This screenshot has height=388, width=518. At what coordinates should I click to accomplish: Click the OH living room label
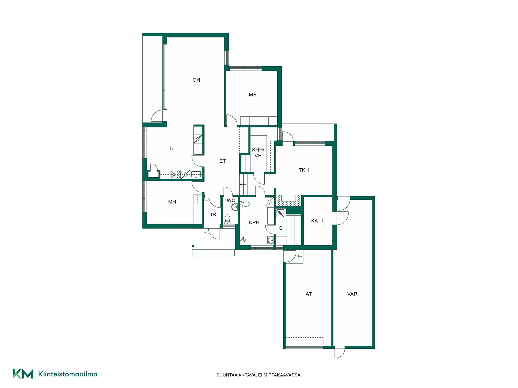tap(196, 80)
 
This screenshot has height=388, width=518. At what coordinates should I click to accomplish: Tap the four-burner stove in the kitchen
tap(176, 174)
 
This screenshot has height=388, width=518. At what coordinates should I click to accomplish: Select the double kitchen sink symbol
tap(196, 174)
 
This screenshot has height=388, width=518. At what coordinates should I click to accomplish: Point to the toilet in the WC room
tap(227, 219)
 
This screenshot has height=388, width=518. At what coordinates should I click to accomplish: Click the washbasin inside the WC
tap(234, 207)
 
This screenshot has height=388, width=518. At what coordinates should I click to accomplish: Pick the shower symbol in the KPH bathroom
tap(243, 239)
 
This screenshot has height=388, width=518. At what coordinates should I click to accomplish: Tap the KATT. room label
tap(318, 221)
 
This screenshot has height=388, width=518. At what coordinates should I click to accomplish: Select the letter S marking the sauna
tap(281, 228)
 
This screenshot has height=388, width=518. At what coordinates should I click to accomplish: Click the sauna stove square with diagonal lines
tap(280, 213)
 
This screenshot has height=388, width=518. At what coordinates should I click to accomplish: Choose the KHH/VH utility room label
tap(258, 153)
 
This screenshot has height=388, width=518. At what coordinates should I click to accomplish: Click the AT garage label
tap(309, 294)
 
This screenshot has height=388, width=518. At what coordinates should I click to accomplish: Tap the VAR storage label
tap(352, 294)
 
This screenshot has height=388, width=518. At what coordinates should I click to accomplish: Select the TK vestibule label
tap(213, 215)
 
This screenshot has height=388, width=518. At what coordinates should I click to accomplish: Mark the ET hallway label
tap(222, 161)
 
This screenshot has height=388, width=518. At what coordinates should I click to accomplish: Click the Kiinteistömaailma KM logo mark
tap(23, 374)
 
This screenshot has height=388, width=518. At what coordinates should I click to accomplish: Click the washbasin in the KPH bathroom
tap(270, 240)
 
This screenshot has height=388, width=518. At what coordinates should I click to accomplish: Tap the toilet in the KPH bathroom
tap(244, 204)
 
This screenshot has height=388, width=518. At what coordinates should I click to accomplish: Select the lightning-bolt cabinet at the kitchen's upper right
tap(198, 139)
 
